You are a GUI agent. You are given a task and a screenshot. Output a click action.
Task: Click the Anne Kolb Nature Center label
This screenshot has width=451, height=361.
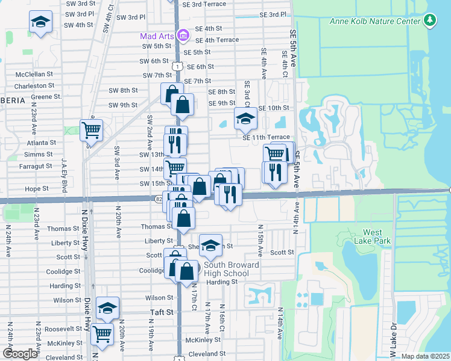click(x=375, y=22)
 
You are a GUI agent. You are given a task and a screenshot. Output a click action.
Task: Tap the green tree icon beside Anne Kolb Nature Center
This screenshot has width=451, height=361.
click(x=429, y=21)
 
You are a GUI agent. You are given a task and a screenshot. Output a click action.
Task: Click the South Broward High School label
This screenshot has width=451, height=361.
click(x=231, y=269)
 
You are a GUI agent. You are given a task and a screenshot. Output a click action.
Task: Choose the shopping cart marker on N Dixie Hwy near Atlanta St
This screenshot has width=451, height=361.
click(x=91, y=129)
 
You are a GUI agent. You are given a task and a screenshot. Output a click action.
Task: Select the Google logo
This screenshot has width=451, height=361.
click(x=20, y=354)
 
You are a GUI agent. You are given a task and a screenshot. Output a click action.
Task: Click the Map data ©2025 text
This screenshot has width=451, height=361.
click(x=426, y=356)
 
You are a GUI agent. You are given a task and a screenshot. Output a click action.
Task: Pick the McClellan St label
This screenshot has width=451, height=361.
click(x=34, y=75)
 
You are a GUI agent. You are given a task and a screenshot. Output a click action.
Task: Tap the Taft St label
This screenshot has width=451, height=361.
click(x=162, y=312)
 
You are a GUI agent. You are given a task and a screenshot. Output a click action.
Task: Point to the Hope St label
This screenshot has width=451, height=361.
click(x=37, y=189)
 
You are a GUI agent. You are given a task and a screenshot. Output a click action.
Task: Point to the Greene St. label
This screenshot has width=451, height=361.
click(x=46, y=97)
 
